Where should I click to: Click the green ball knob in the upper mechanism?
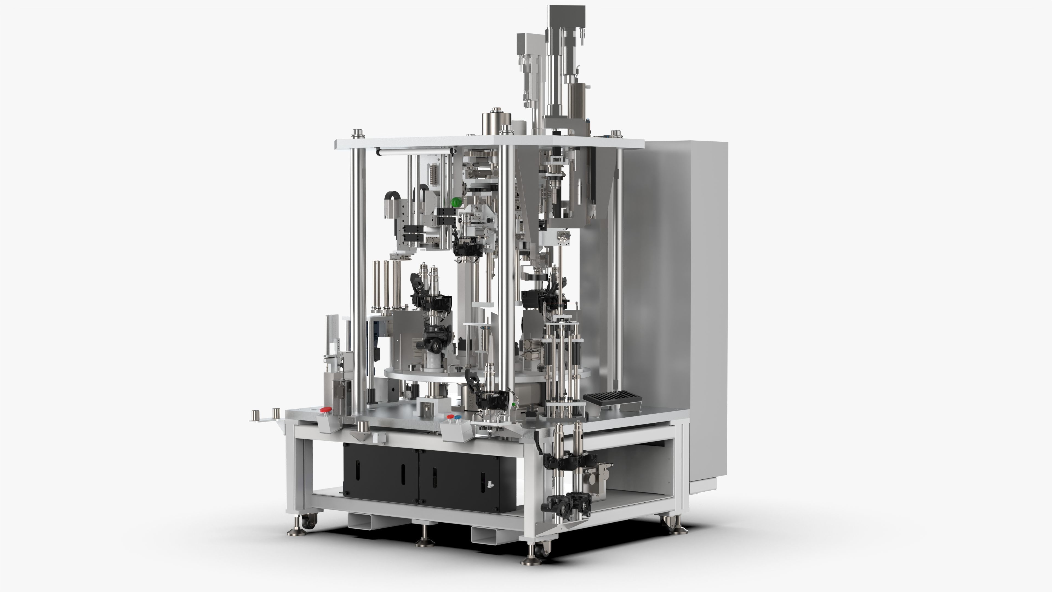click(x=456, y=202)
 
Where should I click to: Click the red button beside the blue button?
click(x=450, y=417)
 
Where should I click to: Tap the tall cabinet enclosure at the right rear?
click(x=674, y=286)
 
